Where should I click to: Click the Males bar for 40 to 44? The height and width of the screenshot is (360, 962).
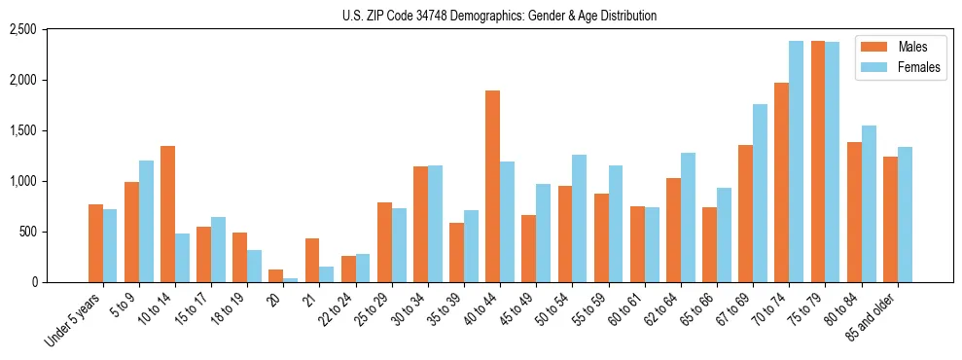click(492, 187)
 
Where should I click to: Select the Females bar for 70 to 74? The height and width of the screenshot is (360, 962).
click(797, 162)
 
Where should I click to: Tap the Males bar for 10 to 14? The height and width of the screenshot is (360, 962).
click(167, 214)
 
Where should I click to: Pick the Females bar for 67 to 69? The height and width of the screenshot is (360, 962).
click(761, 193)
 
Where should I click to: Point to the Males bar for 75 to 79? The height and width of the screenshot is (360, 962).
click(818, 162)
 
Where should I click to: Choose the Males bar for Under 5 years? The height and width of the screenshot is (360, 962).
click(95, 243)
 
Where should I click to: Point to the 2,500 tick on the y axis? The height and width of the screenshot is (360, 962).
click(50, 30)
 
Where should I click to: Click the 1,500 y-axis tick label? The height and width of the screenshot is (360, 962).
click(50, 130)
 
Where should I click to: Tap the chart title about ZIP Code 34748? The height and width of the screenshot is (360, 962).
click(499, 16)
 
